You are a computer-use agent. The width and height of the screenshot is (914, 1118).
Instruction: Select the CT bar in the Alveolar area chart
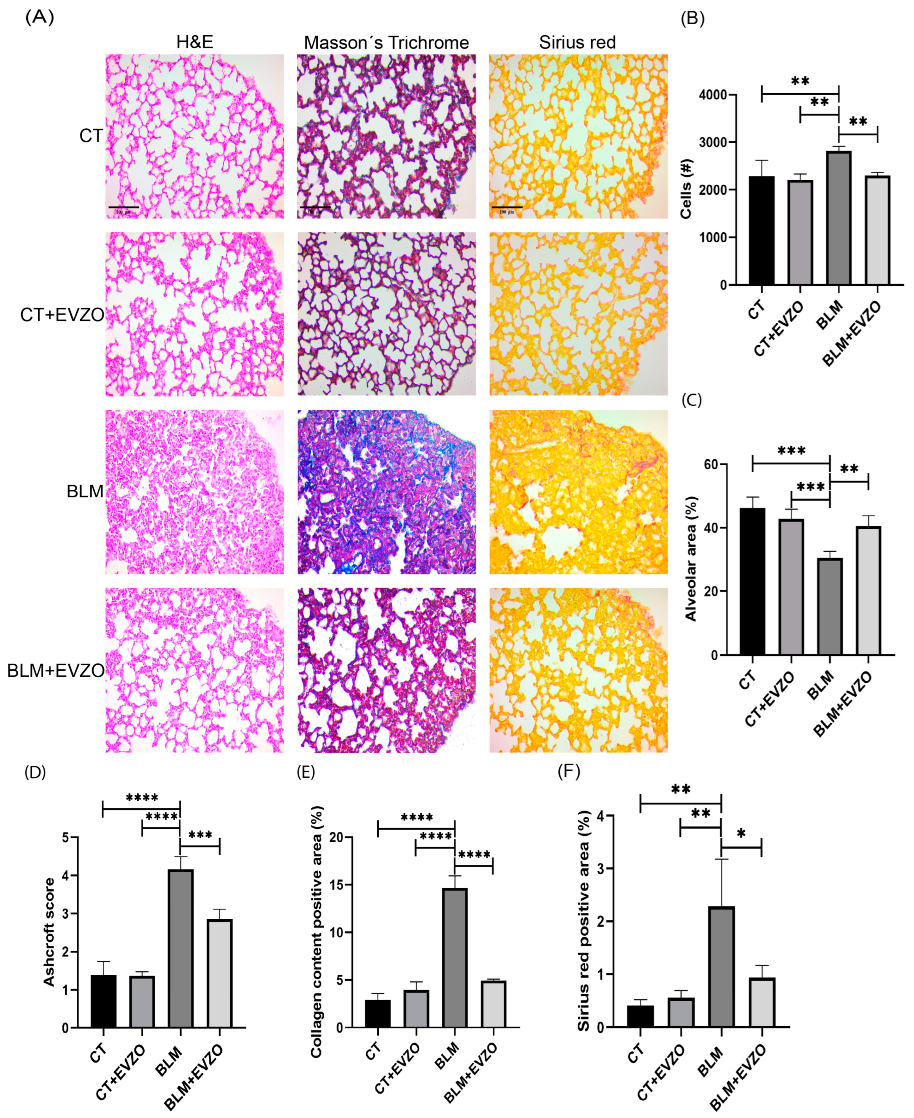[x=752, y=582]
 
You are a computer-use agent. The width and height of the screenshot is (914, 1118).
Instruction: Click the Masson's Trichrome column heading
[x=386, y=43]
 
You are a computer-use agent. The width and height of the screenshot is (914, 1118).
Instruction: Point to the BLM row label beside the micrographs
[x=85, y=491]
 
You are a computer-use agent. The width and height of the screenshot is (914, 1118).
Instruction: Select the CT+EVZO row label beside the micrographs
[x=62, y=315]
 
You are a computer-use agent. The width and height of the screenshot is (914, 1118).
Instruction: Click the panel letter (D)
[x=35, y=772]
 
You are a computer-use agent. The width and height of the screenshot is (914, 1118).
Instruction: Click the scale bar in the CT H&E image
[x=123, y=207]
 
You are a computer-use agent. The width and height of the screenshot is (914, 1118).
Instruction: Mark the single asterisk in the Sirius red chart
[x=741, y=834]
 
